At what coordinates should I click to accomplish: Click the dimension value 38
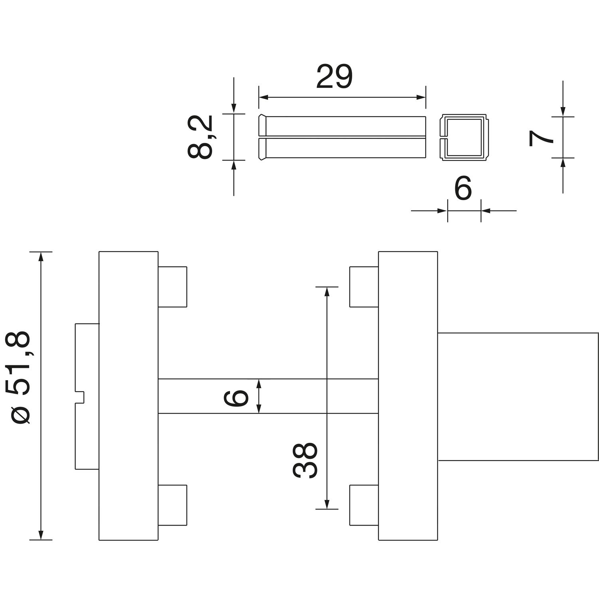305,460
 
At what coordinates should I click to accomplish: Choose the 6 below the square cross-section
463,189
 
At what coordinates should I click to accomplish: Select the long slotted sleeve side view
342,138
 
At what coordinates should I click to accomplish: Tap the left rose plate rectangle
129,396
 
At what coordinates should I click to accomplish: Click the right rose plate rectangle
408,396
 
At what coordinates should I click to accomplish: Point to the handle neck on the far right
518,396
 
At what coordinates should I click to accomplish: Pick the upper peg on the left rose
173,287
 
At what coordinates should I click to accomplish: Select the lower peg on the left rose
173,505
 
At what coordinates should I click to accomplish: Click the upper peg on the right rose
364,287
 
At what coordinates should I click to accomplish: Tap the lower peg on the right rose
364,505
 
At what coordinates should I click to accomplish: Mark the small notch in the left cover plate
80,397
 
